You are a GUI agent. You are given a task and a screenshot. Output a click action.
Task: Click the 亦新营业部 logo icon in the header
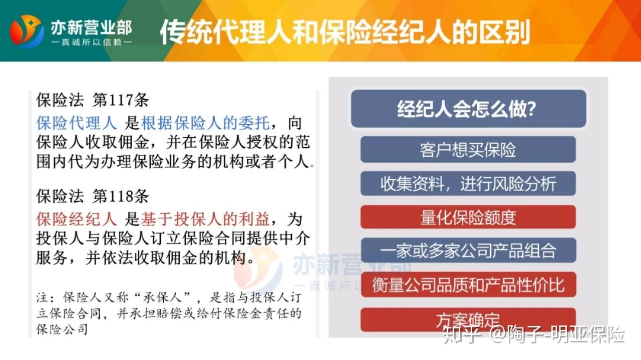27,31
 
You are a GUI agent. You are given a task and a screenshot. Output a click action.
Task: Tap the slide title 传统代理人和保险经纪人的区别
345,32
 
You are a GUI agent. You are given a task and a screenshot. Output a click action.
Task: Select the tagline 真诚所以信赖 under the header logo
92,43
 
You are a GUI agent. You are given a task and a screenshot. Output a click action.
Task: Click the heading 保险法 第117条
93,100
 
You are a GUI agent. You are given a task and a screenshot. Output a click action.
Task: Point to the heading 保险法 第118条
93,196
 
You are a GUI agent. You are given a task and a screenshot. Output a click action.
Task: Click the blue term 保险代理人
77,123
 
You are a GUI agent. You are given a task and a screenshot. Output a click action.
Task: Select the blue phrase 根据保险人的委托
205,123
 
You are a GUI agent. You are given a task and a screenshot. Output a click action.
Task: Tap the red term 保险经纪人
77,219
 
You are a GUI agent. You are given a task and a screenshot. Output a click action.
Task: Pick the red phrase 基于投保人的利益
205,219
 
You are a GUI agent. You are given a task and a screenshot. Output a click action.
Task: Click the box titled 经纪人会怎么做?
468,109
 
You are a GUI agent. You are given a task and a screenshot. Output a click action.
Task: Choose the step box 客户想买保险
468,149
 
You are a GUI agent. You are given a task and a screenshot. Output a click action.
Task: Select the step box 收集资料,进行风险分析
468,183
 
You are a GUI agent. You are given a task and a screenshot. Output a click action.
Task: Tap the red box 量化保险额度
468,217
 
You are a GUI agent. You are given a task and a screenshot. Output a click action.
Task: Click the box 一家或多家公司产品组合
468,250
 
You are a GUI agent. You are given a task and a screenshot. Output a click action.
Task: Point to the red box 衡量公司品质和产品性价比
468,285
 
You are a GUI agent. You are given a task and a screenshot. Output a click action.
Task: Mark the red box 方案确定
468,319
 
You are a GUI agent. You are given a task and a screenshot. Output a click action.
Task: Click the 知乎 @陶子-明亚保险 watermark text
534,334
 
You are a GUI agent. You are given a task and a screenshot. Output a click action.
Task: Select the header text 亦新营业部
92,28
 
